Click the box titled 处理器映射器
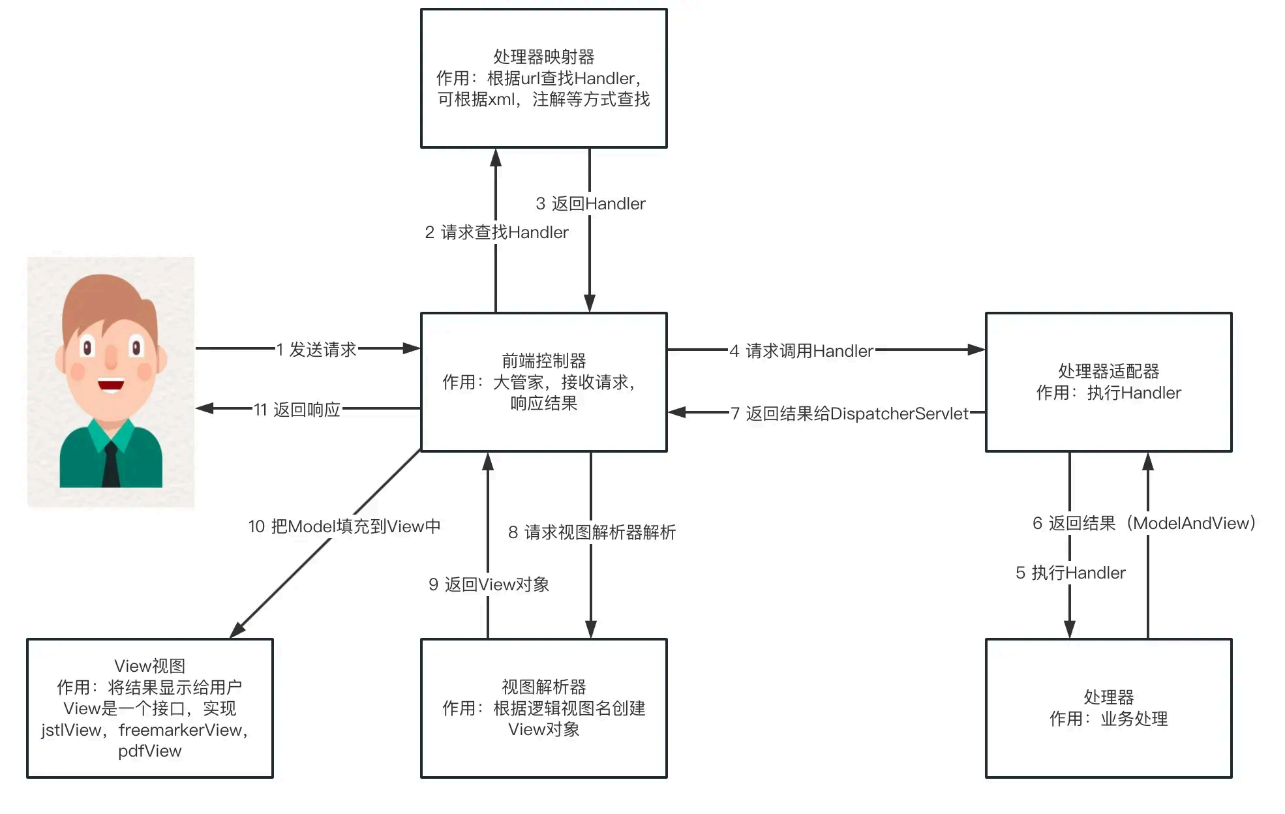pos(543,78)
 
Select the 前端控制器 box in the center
pos(543,382)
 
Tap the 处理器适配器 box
pos(1108,382)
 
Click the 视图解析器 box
pos(543,708)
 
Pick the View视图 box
pos(149,708)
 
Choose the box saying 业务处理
pos(1108,708)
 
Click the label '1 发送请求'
pos(316,350)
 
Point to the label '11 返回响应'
pos(297,410)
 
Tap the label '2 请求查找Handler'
pos(496,232)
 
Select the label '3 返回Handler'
pos(590,203)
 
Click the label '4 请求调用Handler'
pos(801,351)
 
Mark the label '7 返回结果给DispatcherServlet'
pos(850,414)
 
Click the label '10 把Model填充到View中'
pos(344,526)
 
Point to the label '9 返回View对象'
pos(489,584)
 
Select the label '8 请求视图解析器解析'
pos(592,532)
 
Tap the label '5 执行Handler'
pos(1070,573)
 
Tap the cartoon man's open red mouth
pos(111,385)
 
